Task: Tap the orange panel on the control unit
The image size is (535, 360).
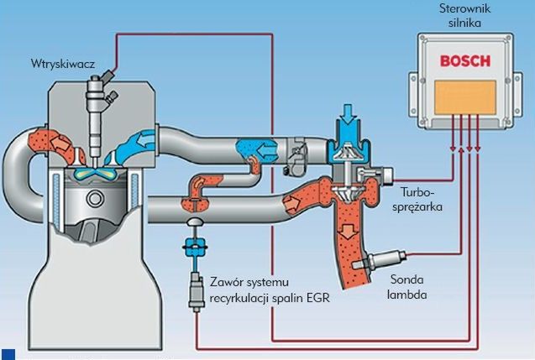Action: pyautogui.click(x=463, y=97)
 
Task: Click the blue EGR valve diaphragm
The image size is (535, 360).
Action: pyautogui.click(x=195, y=248)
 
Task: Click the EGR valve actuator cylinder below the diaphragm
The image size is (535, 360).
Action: pyautogui.click(x=195, y=290)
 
